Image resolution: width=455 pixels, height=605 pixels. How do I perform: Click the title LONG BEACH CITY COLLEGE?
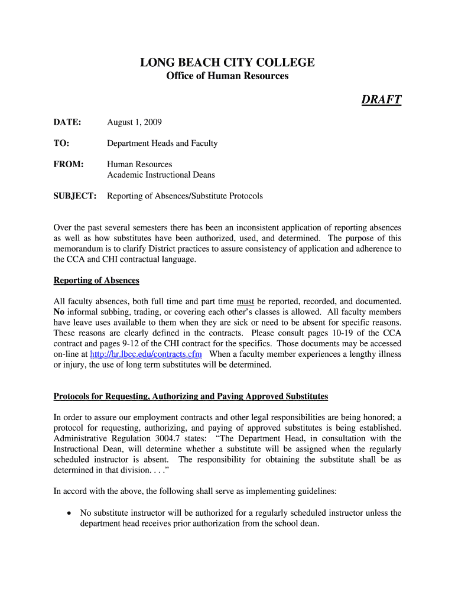coord(227,63)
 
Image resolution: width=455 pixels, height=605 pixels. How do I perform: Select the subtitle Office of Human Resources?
coord(227,76)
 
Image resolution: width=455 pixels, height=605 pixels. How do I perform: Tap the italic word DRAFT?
coord(381,99)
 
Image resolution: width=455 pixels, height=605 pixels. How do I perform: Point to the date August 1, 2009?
coord(134,122)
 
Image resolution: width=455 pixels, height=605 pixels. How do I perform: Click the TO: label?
coord(61,143)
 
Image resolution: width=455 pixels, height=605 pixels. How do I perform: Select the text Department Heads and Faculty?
coord(162,143)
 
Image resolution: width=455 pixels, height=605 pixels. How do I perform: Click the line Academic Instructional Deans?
coord(161,175)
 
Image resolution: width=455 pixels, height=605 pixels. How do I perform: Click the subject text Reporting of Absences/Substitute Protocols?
coord(184,196)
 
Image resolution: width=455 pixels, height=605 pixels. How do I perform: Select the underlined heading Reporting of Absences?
coord(96,280)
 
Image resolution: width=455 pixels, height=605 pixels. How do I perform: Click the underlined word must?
coord(245,301)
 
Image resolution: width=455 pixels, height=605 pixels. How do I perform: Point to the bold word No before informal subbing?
coord(59,312)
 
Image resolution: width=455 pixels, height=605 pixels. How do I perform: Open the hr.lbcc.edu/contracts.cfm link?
coord(145,354)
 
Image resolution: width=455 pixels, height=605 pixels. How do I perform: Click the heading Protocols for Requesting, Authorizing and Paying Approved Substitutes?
coord(191,396)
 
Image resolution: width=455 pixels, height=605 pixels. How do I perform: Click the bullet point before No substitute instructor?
coord(70,513)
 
